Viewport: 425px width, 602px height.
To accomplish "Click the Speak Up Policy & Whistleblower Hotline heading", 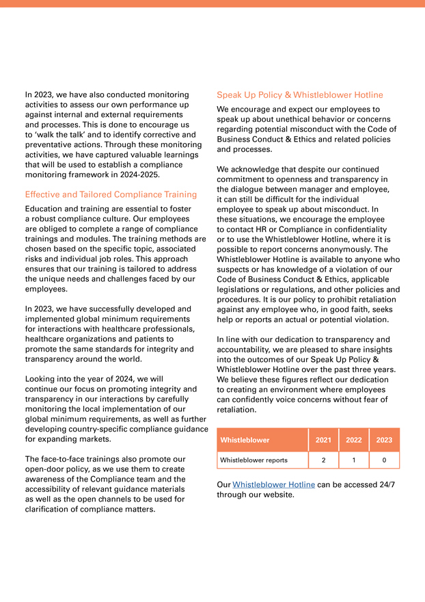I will coord(299,95).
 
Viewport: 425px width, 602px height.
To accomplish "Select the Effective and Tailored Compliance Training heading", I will coord(111,194).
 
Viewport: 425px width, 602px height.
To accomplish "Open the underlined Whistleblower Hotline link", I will coord(273,484).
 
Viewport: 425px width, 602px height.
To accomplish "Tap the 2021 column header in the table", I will coord(323,440).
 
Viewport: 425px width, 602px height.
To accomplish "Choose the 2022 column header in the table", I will coord(354,440).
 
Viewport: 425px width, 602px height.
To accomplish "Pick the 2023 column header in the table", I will coord(384,440).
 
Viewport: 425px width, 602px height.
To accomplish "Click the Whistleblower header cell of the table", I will coord(245,440).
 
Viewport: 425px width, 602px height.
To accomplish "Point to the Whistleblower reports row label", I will coord(253,460).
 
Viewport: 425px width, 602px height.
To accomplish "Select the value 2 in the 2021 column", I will coord(323,460).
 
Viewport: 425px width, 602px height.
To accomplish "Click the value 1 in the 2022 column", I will coord(354,460).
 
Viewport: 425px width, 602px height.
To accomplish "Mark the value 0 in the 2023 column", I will coord(384,460).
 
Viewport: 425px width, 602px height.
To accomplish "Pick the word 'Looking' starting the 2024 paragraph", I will coord(42,378).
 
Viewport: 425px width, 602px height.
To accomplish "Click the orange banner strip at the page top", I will coord(212,3).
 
